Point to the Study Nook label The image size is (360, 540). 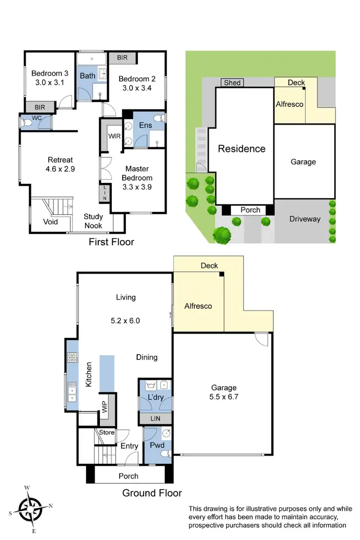tap(93, 221)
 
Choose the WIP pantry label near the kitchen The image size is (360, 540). tap(104, 407)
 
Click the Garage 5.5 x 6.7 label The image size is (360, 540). tap(224, 392)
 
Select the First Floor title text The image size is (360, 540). tap(111, 242)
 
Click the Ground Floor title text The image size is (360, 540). tap(152, 492)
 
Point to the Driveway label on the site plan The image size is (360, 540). tap(305, 219)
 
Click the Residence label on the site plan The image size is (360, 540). tap(241, 149)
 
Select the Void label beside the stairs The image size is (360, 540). tap(50, 222)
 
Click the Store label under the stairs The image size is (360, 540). tap(107, 432)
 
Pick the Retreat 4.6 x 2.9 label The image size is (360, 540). tap(61, 164)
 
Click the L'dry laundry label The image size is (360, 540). tap(156, 398)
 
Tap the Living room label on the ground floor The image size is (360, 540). tap(126, 297)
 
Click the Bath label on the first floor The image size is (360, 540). tap(87, 75)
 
